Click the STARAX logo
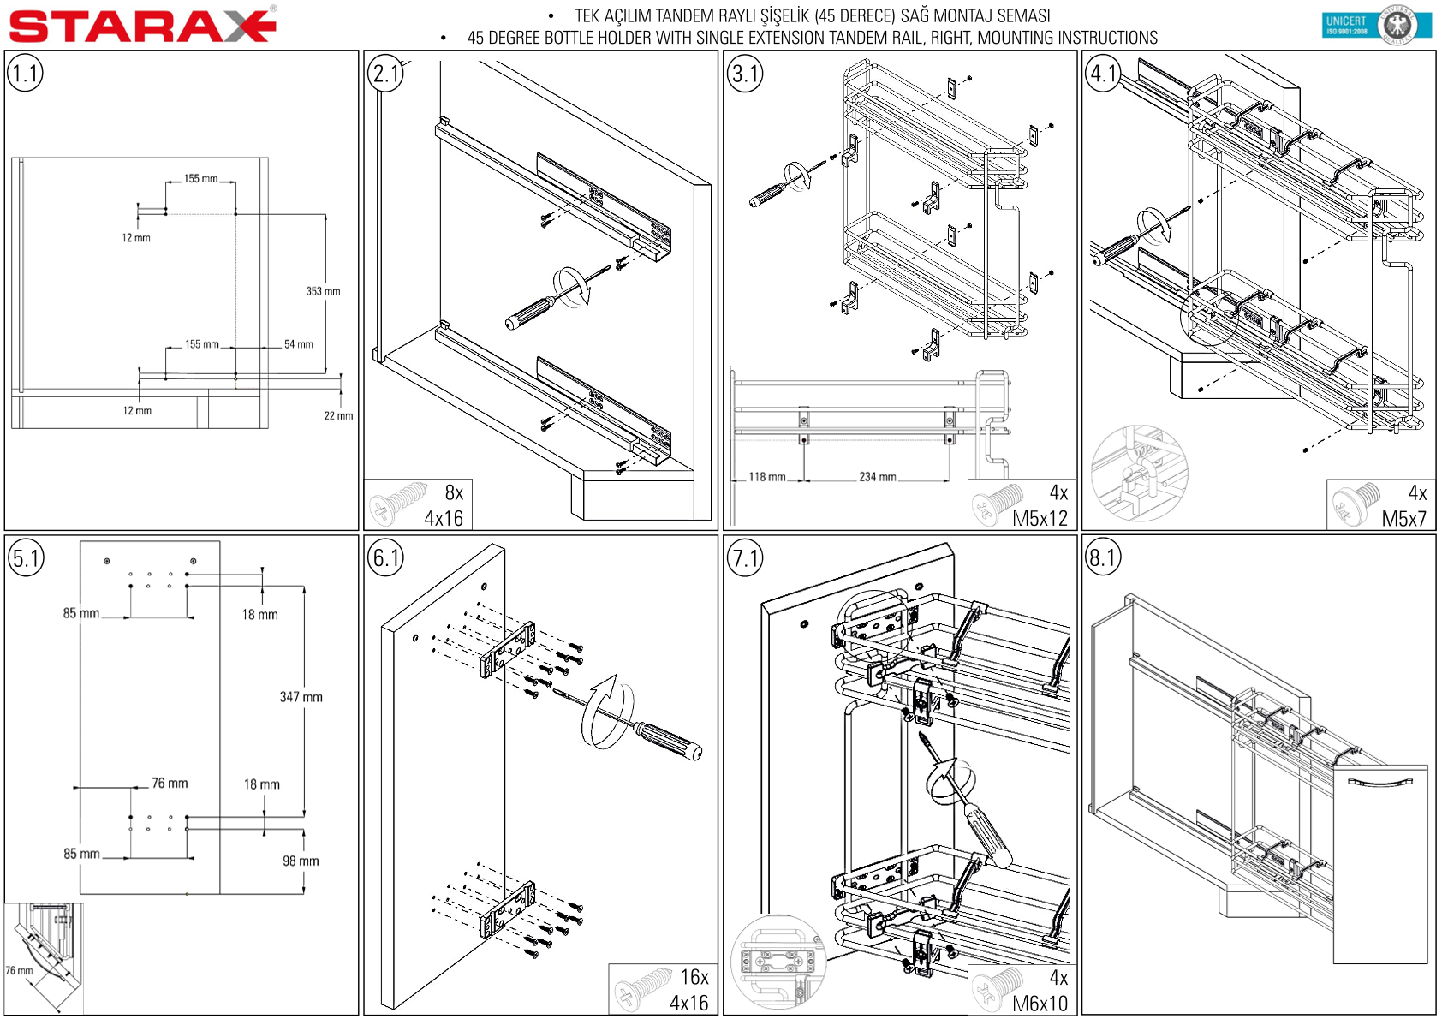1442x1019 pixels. [142, 25]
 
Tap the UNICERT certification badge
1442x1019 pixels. [1376, 24]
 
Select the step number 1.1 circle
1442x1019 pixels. [25, 74]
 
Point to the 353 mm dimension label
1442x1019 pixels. [323, 291]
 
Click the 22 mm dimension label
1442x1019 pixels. [338, 416]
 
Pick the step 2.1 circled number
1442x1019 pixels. [385, 74]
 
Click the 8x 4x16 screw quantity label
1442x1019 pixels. [444, 505]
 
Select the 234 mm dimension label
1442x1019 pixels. [877, 477]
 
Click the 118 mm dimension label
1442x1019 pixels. [766, 477]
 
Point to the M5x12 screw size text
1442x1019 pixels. [1040, 518]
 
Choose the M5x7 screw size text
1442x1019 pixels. [1403, 518]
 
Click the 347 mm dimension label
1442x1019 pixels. [301, 697]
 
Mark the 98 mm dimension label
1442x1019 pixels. [301, 861]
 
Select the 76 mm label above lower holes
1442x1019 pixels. [170, 783]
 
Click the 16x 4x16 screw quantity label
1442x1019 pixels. [689, 990]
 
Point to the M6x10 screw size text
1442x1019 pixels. [1040, 1003]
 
